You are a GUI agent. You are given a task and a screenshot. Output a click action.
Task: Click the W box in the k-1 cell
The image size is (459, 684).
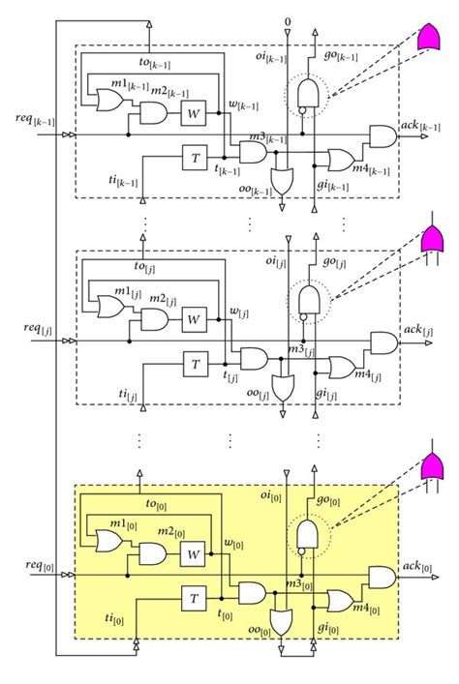tap(194, 113)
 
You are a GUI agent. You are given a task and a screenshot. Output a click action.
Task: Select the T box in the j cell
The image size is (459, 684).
tap(196, 364)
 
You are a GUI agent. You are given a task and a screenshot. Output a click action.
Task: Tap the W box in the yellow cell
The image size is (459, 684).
tap(193, 554)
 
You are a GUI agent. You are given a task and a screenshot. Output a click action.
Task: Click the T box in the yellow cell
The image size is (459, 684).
tap(194, 599)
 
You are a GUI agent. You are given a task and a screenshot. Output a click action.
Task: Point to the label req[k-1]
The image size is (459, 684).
tap(35, 120)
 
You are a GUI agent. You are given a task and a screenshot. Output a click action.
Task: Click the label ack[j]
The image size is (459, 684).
tap(418, 330)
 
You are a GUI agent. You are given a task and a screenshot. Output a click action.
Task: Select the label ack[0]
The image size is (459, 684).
tap(417, 567)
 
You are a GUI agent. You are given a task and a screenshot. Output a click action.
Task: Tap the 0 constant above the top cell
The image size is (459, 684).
tap(287, 21)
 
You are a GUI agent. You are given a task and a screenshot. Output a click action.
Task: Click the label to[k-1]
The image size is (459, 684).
tap(155, 63)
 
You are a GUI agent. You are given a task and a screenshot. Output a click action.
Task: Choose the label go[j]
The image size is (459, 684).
tap(334, 262)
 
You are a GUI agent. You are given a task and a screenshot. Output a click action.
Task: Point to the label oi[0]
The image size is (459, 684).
tap(270, 496)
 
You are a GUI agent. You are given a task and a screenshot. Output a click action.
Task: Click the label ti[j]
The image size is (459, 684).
tap(128, 395)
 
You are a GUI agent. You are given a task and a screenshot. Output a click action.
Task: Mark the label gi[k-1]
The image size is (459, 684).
tap(333, 186)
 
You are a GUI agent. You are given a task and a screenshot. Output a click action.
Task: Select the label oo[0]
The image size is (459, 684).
tap(260, 631)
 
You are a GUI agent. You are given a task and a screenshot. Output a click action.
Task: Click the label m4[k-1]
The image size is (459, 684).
tap(371, 169)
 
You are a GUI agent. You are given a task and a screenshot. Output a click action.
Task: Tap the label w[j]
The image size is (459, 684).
tap(239, 312)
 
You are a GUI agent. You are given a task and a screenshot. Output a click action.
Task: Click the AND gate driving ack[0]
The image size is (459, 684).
tap(382, 578)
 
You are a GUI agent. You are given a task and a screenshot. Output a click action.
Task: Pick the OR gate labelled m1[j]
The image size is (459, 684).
tap(111, 307)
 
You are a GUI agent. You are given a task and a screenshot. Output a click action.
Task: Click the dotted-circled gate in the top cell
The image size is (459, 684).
tap(308, 94)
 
